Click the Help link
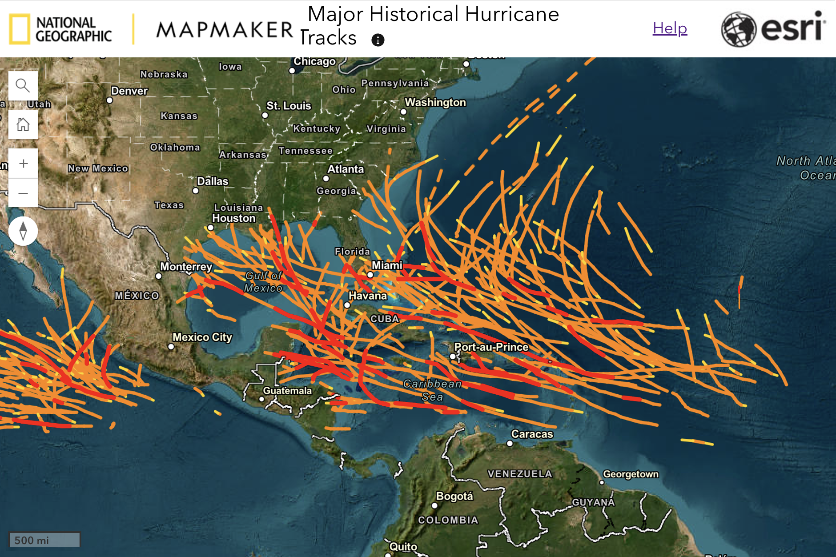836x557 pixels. (670, 28)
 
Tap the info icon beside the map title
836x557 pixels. (378, 40)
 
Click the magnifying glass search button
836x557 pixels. (23, 85)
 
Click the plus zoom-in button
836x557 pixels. (23, 164)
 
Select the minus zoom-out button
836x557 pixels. (23, 193)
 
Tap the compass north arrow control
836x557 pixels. (23, 231)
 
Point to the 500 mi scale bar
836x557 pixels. (44, 540)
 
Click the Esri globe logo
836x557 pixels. (738, 29)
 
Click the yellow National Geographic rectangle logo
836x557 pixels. (20, 29)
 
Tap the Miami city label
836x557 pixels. (387, 265)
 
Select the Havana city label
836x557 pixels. (367, 296)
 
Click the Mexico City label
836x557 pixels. (202, 337)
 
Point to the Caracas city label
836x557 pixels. (532, 434)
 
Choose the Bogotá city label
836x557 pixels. (454, 496)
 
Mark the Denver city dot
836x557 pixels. (110, 100)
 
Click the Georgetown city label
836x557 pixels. (631, 474)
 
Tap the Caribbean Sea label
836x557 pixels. (432, 390)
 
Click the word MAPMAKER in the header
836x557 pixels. (225, 30)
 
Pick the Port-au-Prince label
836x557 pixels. (491, 347)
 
